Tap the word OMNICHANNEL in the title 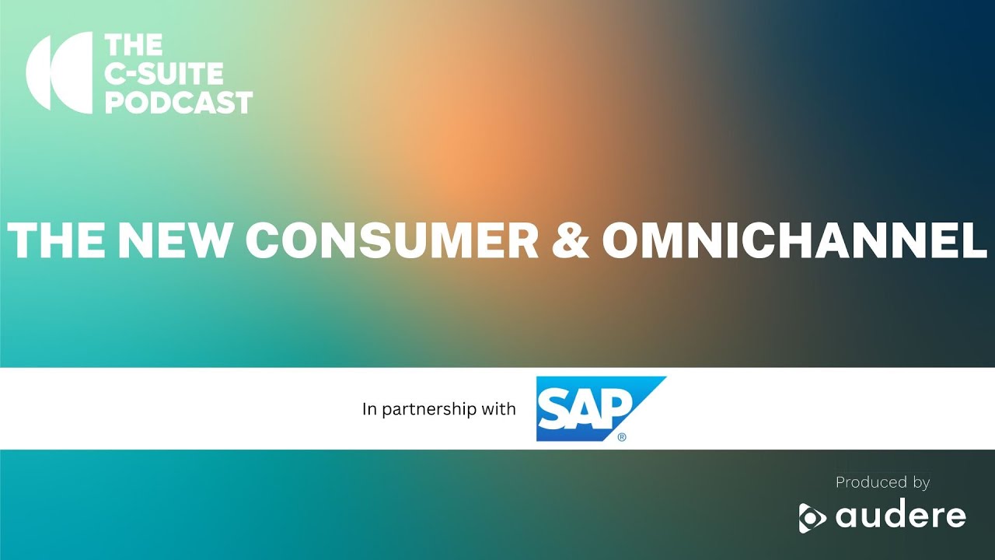(794, 240)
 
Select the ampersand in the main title (571, 240)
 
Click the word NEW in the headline (171, 240)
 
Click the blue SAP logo (601, 409)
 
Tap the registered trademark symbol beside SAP (622, 437)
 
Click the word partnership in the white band (428, 409)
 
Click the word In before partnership (369, 408)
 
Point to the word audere (901, 515)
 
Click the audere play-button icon (812, 518)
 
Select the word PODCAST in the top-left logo (179, 102)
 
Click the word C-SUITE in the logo (164, 73)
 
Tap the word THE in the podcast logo (134, 45)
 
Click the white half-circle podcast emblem (59, 72)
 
